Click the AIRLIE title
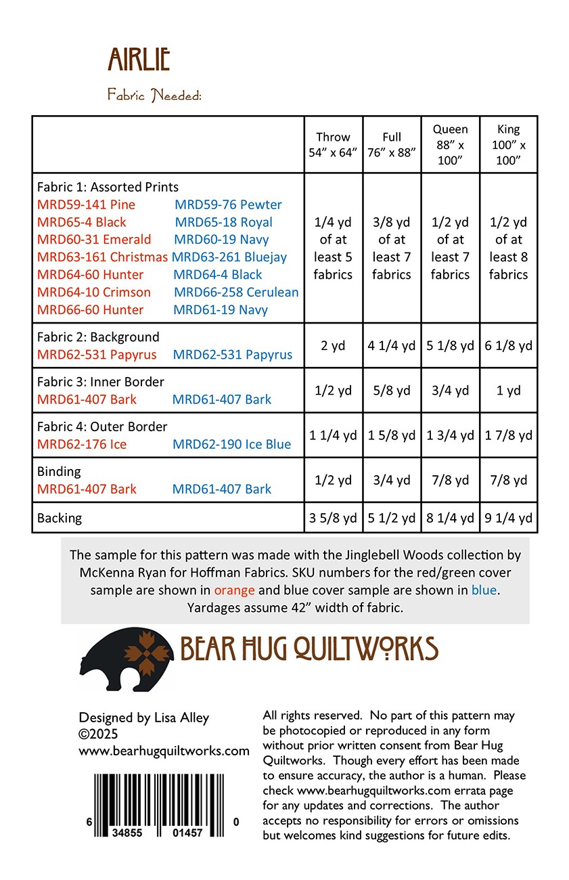(139, 60)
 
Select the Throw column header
(333, 145)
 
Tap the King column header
(508, 145)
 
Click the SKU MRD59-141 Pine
(86, 204)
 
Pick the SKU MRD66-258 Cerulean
(236, 292)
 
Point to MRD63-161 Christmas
(102, 257)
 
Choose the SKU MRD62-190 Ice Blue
(231, 444)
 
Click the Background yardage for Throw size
(333, 345)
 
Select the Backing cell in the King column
(508, 519)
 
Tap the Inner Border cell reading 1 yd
(508, 391)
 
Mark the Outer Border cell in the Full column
(391, 435)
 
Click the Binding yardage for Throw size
(333, 480)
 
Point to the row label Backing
(60, 518)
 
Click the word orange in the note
(234, 590)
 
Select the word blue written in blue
(484, 590)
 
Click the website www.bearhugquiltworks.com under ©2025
(164, 751)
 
